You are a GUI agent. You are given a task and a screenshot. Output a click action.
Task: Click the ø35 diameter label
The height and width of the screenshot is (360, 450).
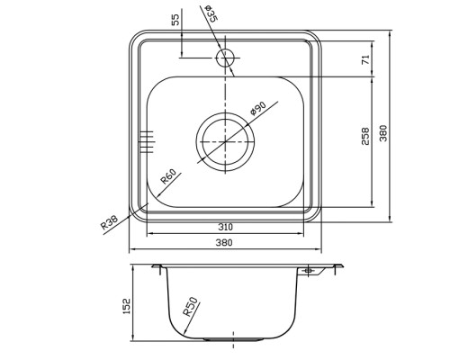point(211,13)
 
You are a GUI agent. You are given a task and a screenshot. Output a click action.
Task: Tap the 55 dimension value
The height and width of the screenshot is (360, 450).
point(176,20)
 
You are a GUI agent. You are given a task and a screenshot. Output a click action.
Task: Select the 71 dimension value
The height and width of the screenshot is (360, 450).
point(366,60)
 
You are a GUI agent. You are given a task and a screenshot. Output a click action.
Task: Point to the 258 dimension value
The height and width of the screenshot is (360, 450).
point(365,136)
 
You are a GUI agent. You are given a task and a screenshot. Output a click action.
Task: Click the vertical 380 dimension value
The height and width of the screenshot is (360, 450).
point(383,133)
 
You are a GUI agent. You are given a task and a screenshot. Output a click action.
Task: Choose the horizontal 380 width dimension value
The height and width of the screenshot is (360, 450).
point(224,242)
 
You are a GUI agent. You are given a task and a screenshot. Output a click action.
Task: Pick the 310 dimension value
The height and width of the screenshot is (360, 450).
point(225,227)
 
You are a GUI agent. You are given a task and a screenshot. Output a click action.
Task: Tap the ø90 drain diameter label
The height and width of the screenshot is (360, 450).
point(258,108)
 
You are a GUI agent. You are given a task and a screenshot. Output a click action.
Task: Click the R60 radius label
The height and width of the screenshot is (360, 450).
point(168,176)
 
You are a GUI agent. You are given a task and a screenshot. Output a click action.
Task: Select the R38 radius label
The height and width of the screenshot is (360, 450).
point(109,222)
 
